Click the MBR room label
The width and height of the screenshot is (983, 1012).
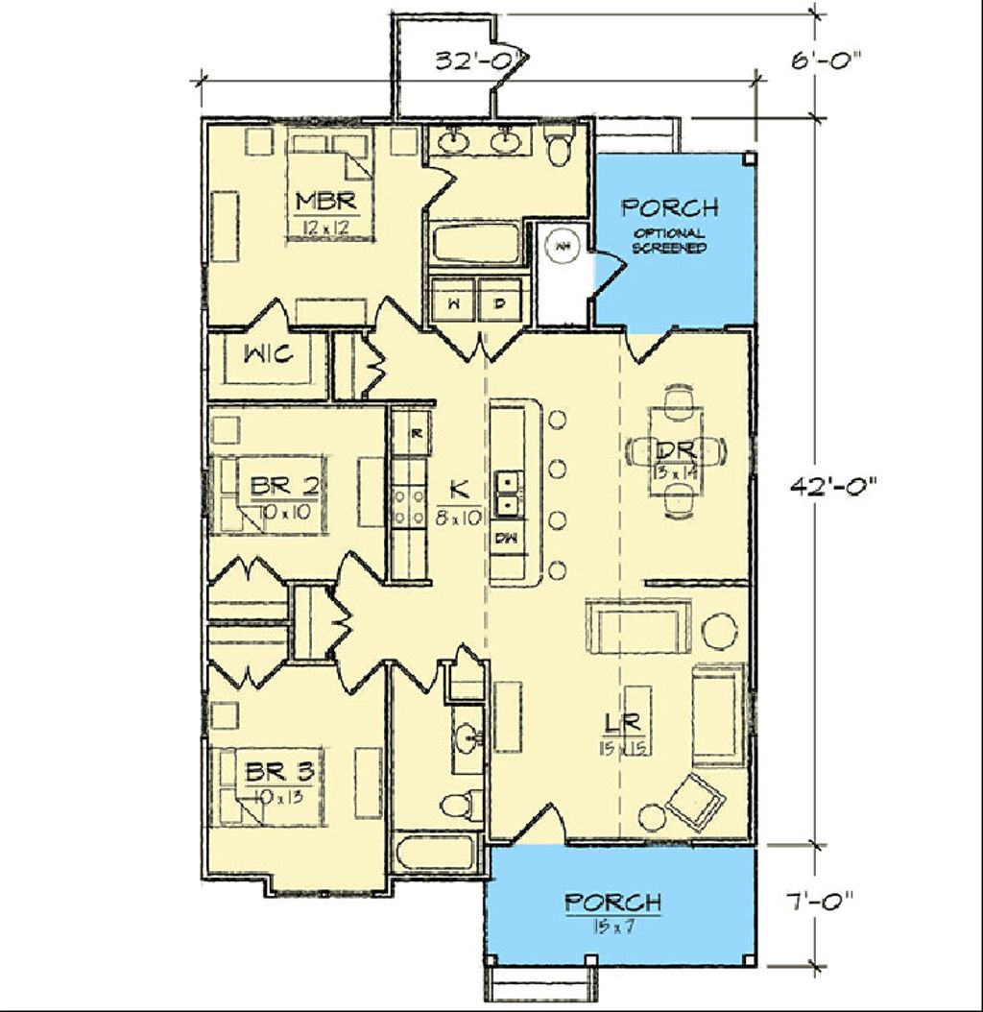pos(326,201)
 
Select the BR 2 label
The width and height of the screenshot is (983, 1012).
pos(283,486)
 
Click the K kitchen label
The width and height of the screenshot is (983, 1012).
pos(459,489)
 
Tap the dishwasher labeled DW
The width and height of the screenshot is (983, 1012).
pos(506,538)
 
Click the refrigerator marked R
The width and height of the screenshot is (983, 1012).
pos(414,433)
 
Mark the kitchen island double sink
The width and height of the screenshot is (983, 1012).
pos(508,493)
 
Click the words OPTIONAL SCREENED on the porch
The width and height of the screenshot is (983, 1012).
pos(669,240)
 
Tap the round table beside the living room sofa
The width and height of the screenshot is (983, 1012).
pos(720,630)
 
